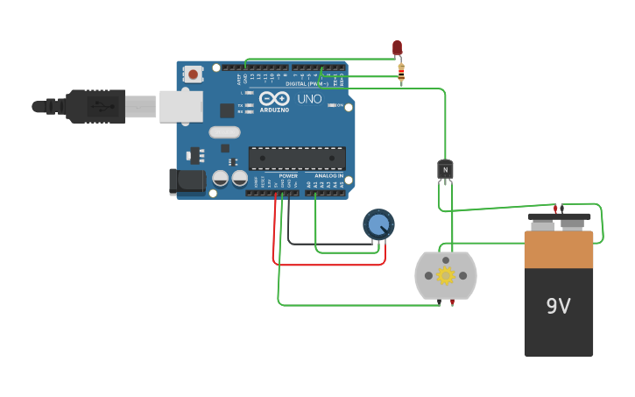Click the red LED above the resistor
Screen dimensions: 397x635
(x=397, y=46)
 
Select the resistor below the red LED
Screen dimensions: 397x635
(x=401, y=73)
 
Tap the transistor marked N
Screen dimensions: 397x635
(x=446, y=168)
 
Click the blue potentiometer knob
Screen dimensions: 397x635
(x=378, y=225)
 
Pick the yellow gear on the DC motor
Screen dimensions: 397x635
(x=446, y=276)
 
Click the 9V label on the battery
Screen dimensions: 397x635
(x=558, y=306)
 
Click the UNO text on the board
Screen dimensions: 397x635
(x=309, y=100)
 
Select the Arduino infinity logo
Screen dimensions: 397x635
(x=273, y=99)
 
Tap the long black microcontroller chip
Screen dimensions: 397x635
(x=297, y=159)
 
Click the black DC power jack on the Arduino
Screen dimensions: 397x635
(x=186, y=181)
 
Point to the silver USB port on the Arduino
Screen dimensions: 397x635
(x=180, y=106)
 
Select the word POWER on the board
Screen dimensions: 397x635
(x=288, y=176)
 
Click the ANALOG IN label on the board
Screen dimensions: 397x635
(x=329, y=176)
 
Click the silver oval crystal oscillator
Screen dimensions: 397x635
(x=224, y=133)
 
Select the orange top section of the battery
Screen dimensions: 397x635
(x=558, y=250)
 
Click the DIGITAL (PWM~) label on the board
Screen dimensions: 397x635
(x=307, y=84)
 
